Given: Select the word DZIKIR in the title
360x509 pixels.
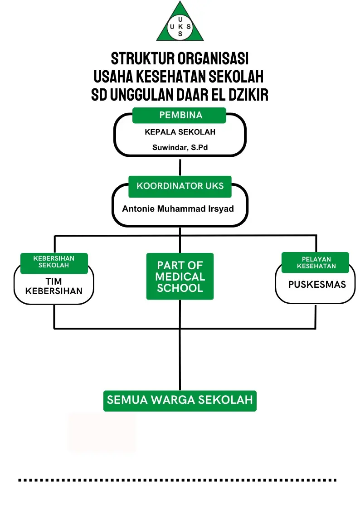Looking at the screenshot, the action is (248, 95).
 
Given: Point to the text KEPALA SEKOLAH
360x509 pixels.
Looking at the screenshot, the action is (180, 132).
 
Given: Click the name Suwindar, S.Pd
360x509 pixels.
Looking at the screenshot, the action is (180, 147).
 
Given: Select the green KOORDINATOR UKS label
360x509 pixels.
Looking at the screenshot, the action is (180, 186).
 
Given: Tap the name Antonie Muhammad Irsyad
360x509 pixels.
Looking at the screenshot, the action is (178, 209).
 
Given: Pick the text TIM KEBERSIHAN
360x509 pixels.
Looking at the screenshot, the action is (54, 286).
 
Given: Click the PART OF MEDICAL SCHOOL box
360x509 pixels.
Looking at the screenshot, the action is (180, 276).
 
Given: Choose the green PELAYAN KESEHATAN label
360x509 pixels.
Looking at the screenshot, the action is (315, 262).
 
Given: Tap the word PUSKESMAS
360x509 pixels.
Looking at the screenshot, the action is (317, 284).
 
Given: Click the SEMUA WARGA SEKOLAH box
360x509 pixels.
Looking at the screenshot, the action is (180, 401).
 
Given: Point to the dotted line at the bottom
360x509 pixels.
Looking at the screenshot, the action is (177, 480).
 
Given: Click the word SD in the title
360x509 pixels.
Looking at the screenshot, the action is (99, 95).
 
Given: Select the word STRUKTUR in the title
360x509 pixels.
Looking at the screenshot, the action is (143, 59).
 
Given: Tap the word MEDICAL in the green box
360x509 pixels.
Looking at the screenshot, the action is (180, 276).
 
